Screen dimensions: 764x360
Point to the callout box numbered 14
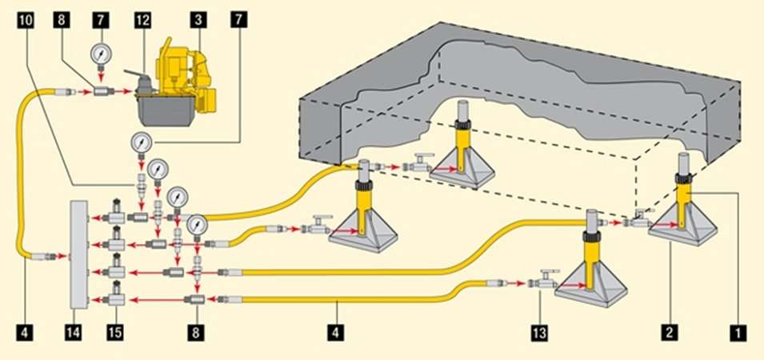[x=74, y=334]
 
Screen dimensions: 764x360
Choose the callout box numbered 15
[x=115, y=334]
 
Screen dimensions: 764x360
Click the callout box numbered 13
[x=539, y=334]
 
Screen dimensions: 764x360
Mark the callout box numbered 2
[x=669, y=334]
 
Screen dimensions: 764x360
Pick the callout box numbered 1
[x=738, y=334]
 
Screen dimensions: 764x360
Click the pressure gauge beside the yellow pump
[x=101, y=55]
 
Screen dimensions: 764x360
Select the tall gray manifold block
[x=79, y=254]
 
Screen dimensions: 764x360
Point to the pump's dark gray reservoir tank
[x=166, y=110]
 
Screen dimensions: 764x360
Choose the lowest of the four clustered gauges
[x=197, y=225]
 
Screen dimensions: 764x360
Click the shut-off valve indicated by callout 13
[x=546, y=281]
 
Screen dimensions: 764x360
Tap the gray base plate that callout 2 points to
[x=682, y=225]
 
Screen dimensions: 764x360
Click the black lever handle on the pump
[x=137, y=74]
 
